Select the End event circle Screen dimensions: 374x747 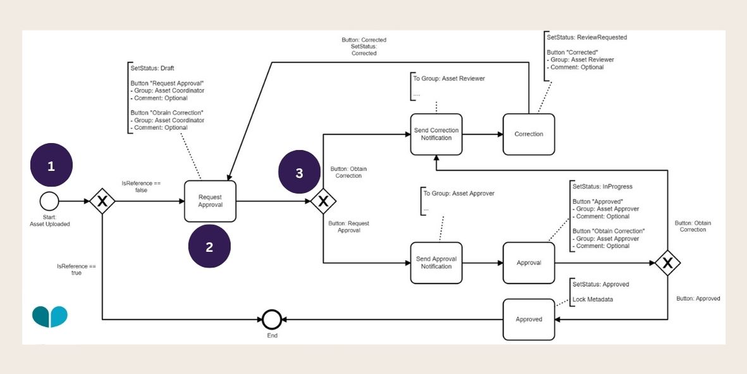[x=271, y=319]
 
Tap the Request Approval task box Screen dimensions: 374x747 [x=210, y=201]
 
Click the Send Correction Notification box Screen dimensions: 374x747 [x=436, y=134]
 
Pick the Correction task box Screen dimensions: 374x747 [x=529, y=134]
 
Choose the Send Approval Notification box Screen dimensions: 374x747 [x=436, y=263]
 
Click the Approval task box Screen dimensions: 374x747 [x=529, y=263]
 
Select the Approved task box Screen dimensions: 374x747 [x=529, y=319]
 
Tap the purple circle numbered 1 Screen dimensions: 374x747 [x=51, y=166]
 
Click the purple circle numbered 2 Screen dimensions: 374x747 [x=209, y=246]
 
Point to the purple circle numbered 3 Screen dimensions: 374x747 [x=300, y=172]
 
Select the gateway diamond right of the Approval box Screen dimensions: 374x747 [x=668, y=263]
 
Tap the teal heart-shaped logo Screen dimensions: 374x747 [x=50, y=316]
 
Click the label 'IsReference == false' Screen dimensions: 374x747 [x=141, y=186]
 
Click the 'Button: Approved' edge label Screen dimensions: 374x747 [x=698, y=298]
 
